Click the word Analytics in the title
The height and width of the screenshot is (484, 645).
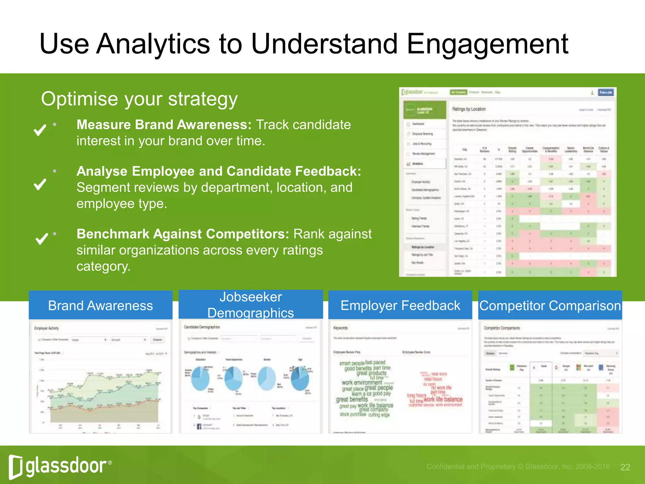point(153,44)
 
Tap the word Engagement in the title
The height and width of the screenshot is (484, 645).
point(487,44)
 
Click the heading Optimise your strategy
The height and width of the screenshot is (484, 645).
point(139,99)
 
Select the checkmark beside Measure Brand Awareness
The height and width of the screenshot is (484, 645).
point(40,130)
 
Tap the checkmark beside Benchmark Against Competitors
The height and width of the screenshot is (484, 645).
point(42,239)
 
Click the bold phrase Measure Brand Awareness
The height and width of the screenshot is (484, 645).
point(164,124)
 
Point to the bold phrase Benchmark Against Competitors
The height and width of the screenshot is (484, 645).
point(183,234)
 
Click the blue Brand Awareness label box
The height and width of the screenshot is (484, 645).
point(100,305)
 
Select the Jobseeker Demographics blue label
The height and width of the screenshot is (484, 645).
point(251,305)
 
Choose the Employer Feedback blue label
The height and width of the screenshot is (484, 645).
point(400,305)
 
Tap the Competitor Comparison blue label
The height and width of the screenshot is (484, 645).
point(550,305)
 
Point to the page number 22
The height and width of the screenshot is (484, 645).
point(625,467)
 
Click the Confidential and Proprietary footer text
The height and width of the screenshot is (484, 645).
point(518,467)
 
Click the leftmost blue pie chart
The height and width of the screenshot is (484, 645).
point(200,378)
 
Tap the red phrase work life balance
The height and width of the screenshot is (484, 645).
point(443,400)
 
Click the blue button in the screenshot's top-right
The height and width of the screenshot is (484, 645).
point(605,92)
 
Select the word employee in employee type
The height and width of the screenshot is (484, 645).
point(106,204)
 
